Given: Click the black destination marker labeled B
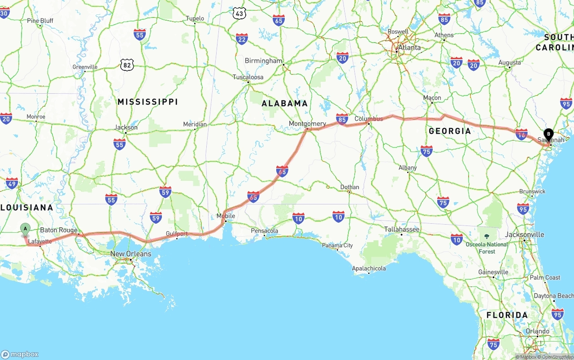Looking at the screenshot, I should (x=548, y=134).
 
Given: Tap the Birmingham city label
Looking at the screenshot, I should (x=264, y=61).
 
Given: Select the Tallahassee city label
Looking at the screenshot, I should (x=402, y=229).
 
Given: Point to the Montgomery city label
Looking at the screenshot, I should (x=307, y=124).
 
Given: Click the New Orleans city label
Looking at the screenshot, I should (x=131, y=254).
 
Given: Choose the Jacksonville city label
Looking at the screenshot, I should (x=524, y=234).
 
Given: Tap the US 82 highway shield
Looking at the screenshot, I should (x=127, y=65).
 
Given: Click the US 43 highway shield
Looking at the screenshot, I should (x=240, y=14).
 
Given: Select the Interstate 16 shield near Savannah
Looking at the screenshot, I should (x=521, y=134).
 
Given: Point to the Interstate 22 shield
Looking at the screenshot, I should (x=242, y=39).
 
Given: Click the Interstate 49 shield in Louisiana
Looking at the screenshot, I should (x=12, y=183).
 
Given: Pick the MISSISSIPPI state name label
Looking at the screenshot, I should (x=148, y=102).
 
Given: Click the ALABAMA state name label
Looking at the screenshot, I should (x=285, y=104).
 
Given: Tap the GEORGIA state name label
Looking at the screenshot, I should (x=450, y=131).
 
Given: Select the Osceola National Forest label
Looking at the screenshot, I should (x=487, y=247).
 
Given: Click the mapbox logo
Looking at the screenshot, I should (x=20, y=354).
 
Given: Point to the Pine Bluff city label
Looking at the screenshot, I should (x=40, y=21).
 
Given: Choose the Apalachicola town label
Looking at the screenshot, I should (x=369, y=269).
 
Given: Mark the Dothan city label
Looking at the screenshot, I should (x=349, y=187).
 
